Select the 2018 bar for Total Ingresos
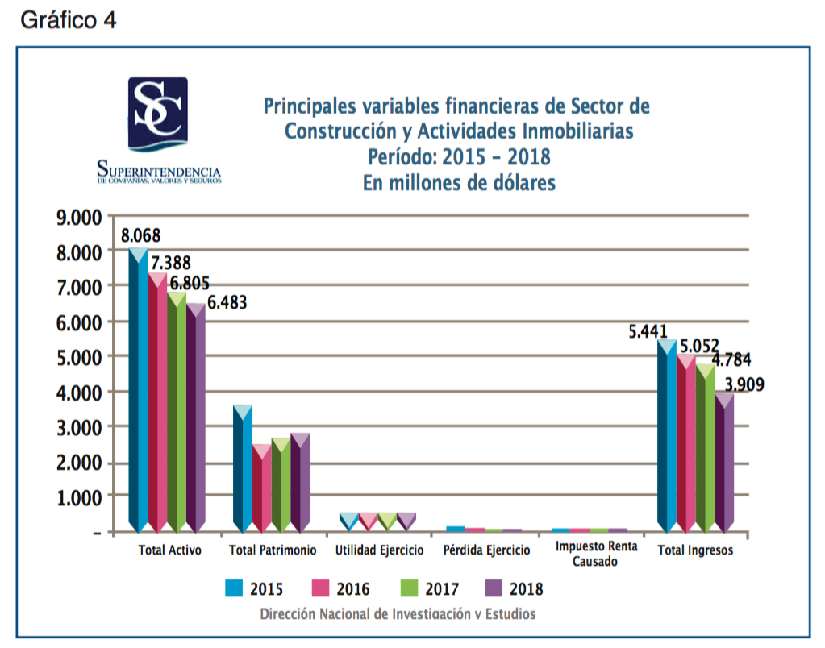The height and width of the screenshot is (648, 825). [x=724, y=463]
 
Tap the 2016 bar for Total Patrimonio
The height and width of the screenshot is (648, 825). [x=261, y=488]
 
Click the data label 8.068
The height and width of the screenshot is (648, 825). [x=140, y=236]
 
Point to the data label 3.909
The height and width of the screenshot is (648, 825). [x=743, y=384]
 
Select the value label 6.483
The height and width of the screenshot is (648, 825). [x=227, y=303]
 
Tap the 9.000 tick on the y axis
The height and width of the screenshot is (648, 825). [x=77, y=218]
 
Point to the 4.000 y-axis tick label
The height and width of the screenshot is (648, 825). [x=77, y=393]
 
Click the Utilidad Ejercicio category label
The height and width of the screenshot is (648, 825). [x=379, y=550]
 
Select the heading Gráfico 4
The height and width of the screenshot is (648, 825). [x=69, y=20]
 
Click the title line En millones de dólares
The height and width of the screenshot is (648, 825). [x=459, y=183]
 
